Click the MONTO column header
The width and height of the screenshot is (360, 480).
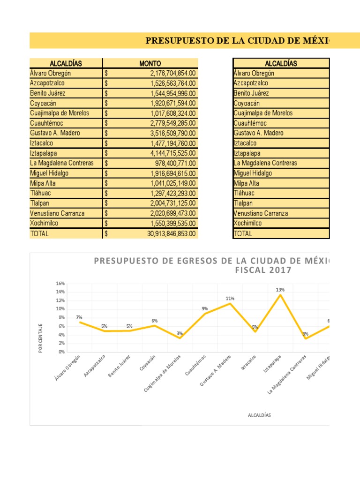(x=150, y=63)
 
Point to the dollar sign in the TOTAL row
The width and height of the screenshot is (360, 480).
(x=106, y=233)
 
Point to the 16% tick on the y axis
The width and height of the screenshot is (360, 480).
(x=60, y=283)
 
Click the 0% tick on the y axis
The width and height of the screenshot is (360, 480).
(x=61, y=352)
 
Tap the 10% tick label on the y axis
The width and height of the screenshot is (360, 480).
(x=60, y=309)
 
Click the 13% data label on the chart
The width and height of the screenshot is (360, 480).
(x=280, y=290)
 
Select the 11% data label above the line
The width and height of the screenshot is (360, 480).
(x=230, y=298)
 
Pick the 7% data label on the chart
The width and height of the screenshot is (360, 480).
(x=79, y=317)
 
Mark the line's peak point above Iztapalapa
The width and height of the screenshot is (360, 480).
(x=280, y=295)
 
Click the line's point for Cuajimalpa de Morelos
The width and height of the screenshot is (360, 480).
(x=180, y=337)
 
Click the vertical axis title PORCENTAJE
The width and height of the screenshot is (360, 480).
(x=41, y=337)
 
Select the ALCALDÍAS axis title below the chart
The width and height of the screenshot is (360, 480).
(x=259, y=415)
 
